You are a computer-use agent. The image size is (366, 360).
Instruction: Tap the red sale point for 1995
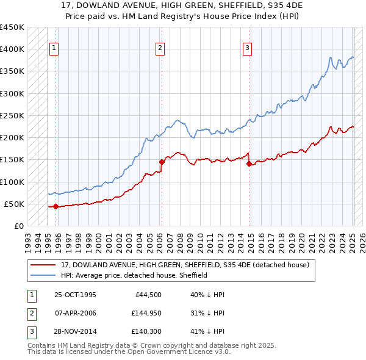56,206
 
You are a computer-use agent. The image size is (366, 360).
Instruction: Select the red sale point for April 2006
162,162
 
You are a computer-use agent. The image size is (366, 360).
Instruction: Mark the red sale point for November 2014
249,164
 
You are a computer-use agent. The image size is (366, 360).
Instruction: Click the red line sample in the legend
44,265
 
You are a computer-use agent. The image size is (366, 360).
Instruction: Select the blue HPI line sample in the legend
44,275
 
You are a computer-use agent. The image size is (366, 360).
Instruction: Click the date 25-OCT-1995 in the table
75,295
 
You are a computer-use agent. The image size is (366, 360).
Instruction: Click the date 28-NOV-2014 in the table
75,331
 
